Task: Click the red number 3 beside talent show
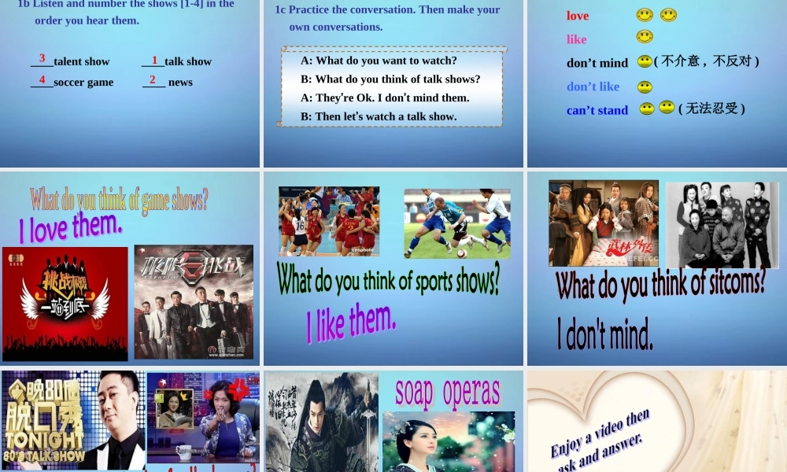pos(42,58)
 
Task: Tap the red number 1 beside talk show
pos(155,60)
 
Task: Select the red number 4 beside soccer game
pos(42,79)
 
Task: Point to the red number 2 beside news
pos(153,79)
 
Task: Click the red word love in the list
pos(578,16)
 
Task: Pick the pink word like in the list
pos(577,39)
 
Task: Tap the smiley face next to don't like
pos(645,87)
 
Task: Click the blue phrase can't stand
pos(597,110)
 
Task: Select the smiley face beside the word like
pos(645,36)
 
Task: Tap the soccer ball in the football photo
pos(462,253)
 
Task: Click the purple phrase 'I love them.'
pos(71,227)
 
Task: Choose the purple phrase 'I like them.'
pos(351,323)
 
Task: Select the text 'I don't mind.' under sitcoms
pos(605,335)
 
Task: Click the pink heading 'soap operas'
pos(447,392)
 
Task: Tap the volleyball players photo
pos(329,221)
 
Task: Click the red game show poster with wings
pos(65,303)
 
